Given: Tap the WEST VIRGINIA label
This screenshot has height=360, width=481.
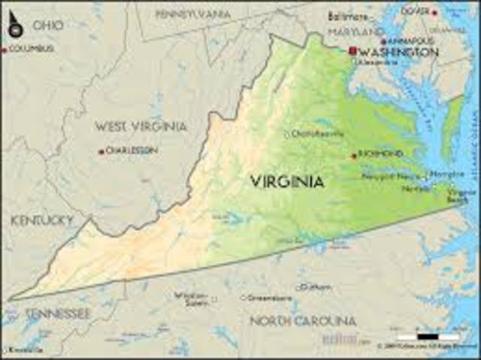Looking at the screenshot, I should coord(141,126).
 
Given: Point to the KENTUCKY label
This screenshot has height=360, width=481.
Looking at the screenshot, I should coord(42,220).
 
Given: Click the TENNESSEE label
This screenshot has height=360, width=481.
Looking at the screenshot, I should coord(57,313).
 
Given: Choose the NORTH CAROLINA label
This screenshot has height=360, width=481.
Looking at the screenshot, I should coord(303,321).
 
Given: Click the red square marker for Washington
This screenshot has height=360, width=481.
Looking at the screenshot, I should coord(352,50).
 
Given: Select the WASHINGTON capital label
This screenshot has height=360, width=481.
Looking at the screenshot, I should coord(398,52).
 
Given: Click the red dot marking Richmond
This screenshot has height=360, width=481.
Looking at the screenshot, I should coord(355,156).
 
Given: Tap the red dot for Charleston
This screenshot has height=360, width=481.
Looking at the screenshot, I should coord(101,151).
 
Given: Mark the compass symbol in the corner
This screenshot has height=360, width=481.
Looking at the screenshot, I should coord(14,25).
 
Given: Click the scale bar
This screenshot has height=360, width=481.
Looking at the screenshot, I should coord(417,336).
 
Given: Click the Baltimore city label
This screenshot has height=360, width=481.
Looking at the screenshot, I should coord(349,17).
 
